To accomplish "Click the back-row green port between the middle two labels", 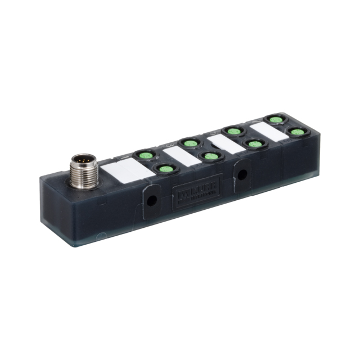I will [188, 142].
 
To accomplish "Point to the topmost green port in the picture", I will [274, 120].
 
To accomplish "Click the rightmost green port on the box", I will [296, 132].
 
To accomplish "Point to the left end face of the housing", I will [54, 208].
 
